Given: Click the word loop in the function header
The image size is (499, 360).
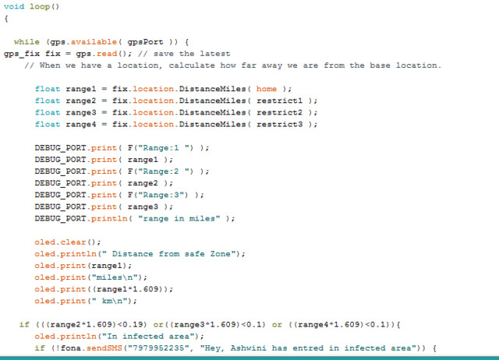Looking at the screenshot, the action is click(40, 7).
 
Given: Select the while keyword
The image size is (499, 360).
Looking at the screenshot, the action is click(27, 42).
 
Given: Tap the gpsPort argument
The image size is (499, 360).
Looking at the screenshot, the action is click(146, 42).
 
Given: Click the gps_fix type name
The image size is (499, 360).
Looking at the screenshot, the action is click(22, 54).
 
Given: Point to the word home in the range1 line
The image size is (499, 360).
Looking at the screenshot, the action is click(267, 89).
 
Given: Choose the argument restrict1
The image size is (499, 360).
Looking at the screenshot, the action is click(279, 101).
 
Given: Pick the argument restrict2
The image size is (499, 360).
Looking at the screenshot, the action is click(279, 112).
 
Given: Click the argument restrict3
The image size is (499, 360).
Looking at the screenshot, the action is click(279, 125).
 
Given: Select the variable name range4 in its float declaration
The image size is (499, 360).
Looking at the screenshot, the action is click(81, 125).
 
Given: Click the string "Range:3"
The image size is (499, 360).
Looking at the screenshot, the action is click(163, 195).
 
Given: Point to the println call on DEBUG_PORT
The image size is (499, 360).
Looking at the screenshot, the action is click(109, 218).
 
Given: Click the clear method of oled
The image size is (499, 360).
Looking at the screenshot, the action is click(73, 242).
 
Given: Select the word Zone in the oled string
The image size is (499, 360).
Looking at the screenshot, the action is click(220, 254).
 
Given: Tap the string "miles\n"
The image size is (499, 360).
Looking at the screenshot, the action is click(116, 277).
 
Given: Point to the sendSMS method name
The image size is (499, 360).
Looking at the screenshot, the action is click(104, 348).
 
